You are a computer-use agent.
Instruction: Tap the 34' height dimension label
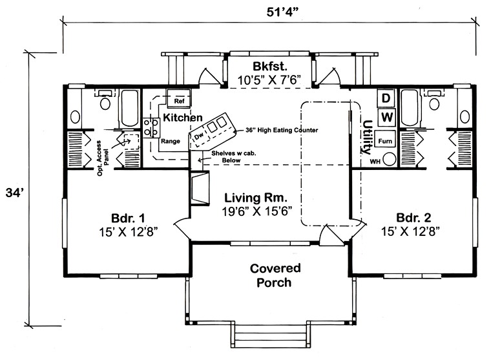click(12, 193)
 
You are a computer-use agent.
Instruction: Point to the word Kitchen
click(183, 118)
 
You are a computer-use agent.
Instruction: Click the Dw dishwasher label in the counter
click(199, 134)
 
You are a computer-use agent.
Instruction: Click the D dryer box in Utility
click(386, 98)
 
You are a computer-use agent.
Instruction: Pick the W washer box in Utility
click(386, 117)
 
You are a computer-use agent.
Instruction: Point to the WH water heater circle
click(390, 160)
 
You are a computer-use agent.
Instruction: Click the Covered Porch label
click(271, 275)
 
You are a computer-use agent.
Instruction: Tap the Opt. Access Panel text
click(111, 154)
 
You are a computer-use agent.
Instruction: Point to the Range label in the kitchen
click(170, 140)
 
